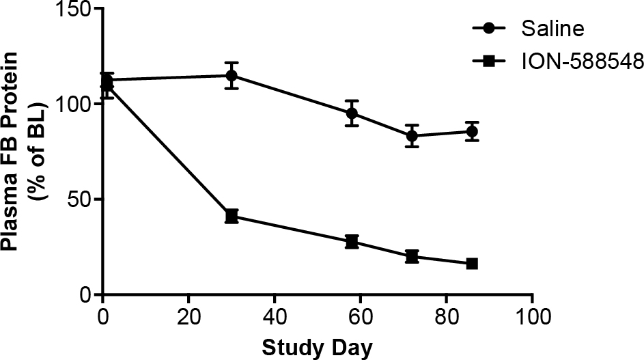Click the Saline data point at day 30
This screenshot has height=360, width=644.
pyautogui.click(x=232, y=75)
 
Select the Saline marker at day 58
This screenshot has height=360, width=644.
pyautogui.click(x=352, y=113)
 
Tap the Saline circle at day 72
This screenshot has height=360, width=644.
pyautogui.click(x=412, y=136)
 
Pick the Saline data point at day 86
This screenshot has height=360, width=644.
pyautogui.click(x=472, y=131)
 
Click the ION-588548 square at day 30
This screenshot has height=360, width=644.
pyautogui.click(x=232, y=217)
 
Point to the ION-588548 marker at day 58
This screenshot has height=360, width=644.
pyautogui.click(x=352, y=242)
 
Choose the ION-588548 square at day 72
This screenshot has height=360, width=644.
pyautogui.click(x=412, y=257)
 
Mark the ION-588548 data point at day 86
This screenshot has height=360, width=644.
pyautogui.click(x=472, y=264)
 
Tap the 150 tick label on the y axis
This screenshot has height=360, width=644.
pyautogui.click(x=75, y=10)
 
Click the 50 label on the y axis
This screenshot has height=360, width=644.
pyautogui.click(x=81, y=200)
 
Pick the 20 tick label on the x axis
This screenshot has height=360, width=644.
pyautogui.click(x=188, y=317)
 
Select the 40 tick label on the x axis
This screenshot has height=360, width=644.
pyautogui.click(x=274, y=317)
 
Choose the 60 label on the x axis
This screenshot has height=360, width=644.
pyautogui.click(x=360, y=317)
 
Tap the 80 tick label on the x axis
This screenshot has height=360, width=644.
pyautogui.click(x=446, y=317)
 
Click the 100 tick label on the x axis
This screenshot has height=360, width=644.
pyautogui.click(x=532, y=317)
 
